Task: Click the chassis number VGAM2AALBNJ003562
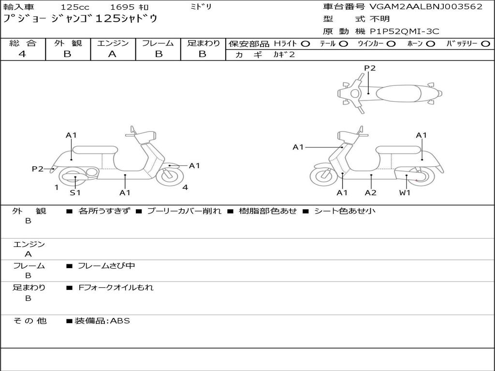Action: [x=426, y=7]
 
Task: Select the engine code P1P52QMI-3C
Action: [x=405, y=31]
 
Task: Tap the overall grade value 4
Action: [x=22, y=54]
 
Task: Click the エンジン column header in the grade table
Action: [x=113, y=43]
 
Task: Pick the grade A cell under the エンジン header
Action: [x=112, y=54]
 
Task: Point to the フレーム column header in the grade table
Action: [x=158, y=43]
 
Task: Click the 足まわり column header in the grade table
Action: [x=204, y=43]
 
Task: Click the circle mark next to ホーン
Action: [x=430, y=44]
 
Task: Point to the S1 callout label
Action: [x=75, y=193]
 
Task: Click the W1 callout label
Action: [x=405, y=193]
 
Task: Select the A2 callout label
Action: [x=371, y=193]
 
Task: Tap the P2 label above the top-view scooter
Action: [x=369, y=68]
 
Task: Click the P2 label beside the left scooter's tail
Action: [x=38, y=169]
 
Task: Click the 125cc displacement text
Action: [x=74, y=7]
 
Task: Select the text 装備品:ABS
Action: [x=102, y=321]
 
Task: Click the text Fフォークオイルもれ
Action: [x=116, y=287]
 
